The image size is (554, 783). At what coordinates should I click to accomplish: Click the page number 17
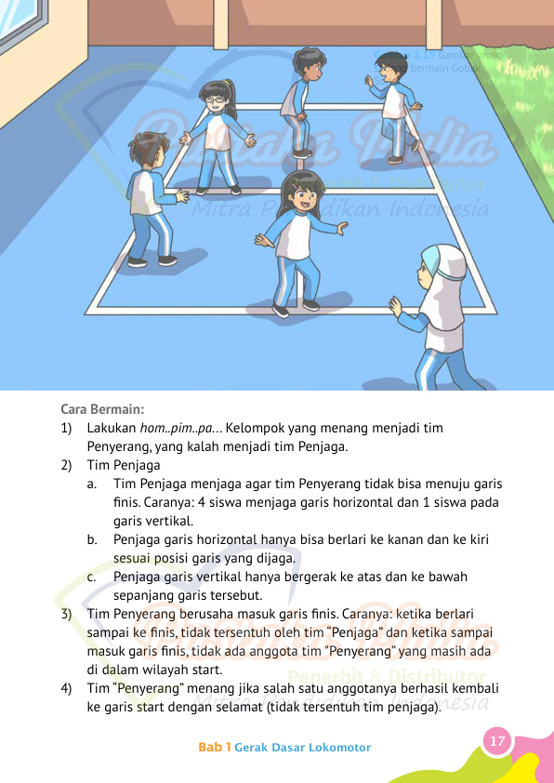(x=497, y=741)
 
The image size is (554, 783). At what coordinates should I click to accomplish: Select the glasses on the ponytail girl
(x=213, y=100)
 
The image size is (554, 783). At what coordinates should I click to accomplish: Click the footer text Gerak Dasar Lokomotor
(x=303, y=748)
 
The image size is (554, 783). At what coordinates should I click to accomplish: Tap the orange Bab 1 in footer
(x=214, y=748)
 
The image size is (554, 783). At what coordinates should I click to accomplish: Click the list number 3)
(x=66, y=615)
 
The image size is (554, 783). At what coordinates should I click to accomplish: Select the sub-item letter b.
(x=94, y=539)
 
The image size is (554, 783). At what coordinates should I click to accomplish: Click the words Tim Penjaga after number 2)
(x=124, y=465)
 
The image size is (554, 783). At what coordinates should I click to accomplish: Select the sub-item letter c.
(x=94, y=577)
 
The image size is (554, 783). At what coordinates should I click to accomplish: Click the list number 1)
(x=66, y=428)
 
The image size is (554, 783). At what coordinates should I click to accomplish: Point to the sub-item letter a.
(x=94, y=484)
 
